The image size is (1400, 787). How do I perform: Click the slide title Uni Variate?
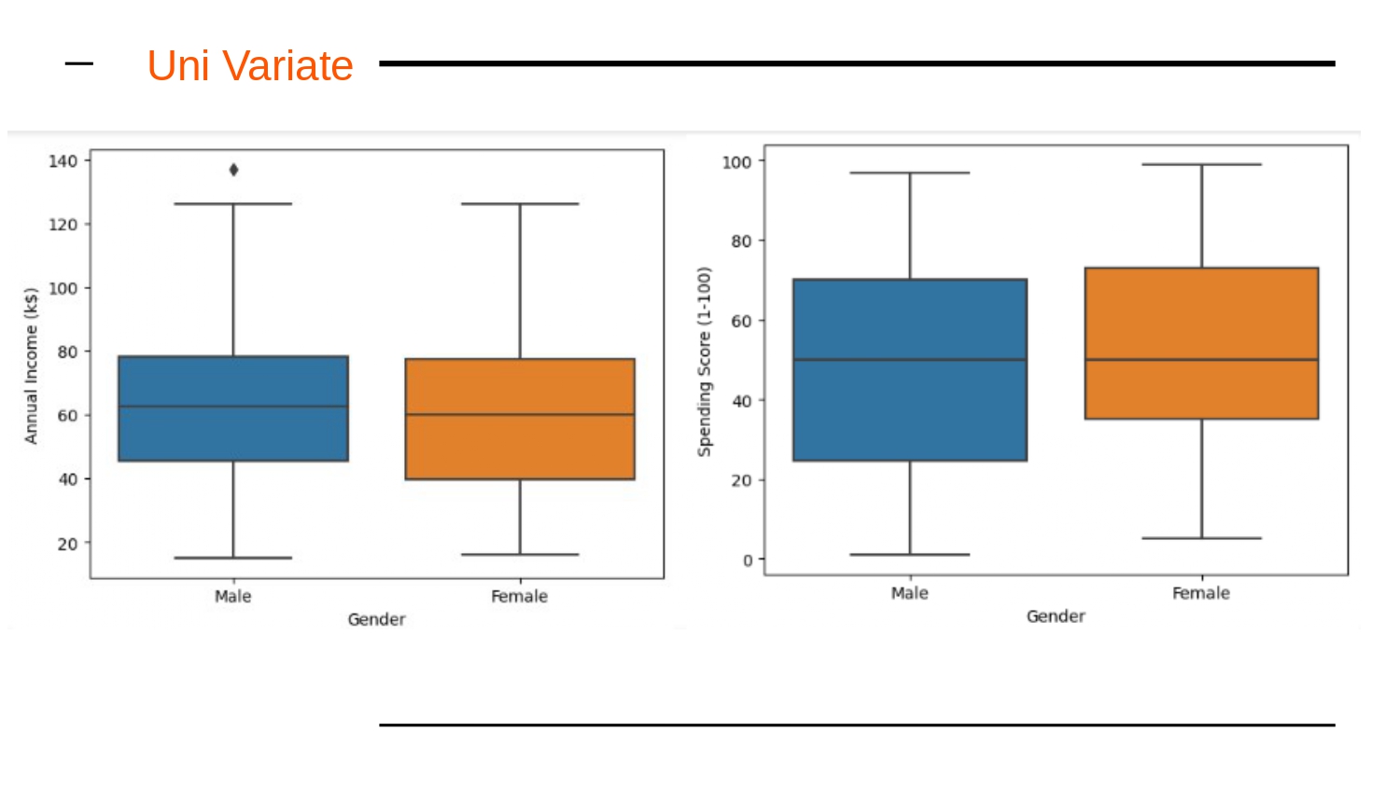[249, 66]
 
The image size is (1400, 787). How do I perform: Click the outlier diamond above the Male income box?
[233, 170]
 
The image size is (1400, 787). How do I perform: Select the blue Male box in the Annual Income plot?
[233, 408]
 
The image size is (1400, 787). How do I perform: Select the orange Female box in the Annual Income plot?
[520, 419]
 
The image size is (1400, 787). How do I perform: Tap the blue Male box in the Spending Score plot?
[910, 369]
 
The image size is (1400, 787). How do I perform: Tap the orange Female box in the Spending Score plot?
[1201, 343]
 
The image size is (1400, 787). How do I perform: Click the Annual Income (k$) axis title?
[31, 366]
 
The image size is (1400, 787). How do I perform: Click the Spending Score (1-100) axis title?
[705, 362]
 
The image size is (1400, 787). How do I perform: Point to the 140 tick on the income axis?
[63, 161]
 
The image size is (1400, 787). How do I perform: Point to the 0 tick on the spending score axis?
[747, 560]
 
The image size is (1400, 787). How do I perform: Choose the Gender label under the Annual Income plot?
[376, 619]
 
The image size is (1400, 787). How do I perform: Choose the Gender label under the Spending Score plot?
[1056, 616]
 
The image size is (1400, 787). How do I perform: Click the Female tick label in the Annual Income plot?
[519, 597]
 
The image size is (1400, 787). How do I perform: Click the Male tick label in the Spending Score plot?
[909, 593]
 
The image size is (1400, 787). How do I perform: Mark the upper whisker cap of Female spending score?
[1201, 165]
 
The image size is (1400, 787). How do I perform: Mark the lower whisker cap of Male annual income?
[233, 558]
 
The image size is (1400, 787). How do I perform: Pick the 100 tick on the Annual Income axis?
[63, 288]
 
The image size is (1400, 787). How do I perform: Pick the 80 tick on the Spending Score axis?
[741, 242]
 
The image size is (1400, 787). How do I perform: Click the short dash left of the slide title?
[79, 64]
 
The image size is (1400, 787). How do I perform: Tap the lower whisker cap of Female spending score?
[1201, 538]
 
